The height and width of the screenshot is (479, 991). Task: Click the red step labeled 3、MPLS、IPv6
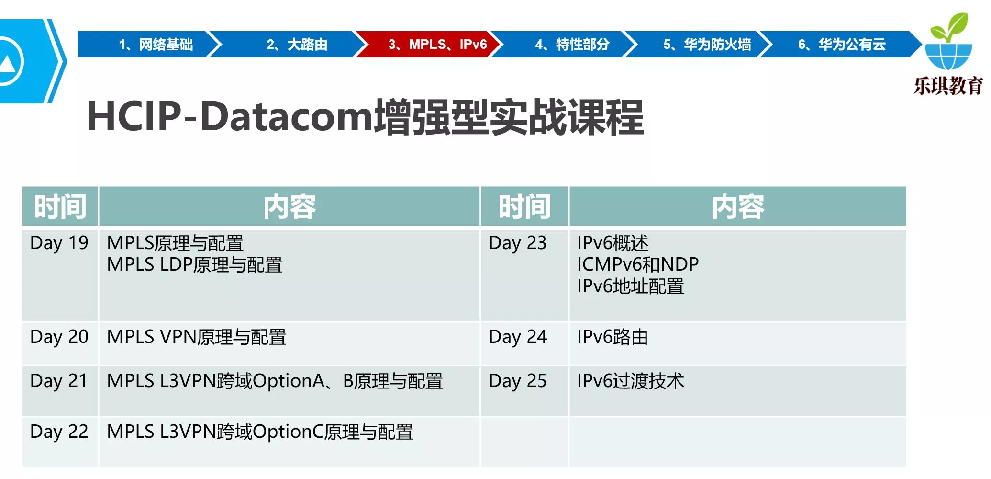pyautogui.click(x=429, y=45)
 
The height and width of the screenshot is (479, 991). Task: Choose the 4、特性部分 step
pyautogui.click(x=565, y=45)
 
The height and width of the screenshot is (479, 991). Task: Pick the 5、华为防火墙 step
pyautogui.click(x=699, y=45)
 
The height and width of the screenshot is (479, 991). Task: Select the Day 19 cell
pyautogui.click(x=59, y=243)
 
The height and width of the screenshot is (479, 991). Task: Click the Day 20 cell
pyautogui.click(x=59, y=337)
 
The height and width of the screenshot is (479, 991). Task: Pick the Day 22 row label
pyautogui.click(x=59, y=432)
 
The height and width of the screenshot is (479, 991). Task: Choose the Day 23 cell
pyautogui.click(x=518, y=243)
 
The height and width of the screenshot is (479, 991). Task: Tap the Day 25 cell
pyautogui.click(x=518, y=381)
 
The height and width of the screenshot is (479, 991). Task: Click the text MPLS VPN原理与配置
pyautogui.click(x=197, y=337)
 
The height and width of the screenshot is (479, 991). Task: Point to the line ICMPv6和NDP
pyautogui.click(x=638, y=264)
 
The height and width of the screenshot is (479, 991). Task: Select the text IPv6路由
pyautogui.click(x=612, y=337)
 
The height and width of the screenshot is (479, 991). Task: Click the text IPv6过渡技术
pyautogui.click(x=631, y=381)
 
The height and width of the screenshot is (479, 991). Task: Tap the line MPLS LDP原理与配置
pyautogui.click(x=195, y=264)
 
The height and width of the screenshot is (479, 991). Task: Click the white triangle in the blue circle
pyautogui.click(x=7, y=63)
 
